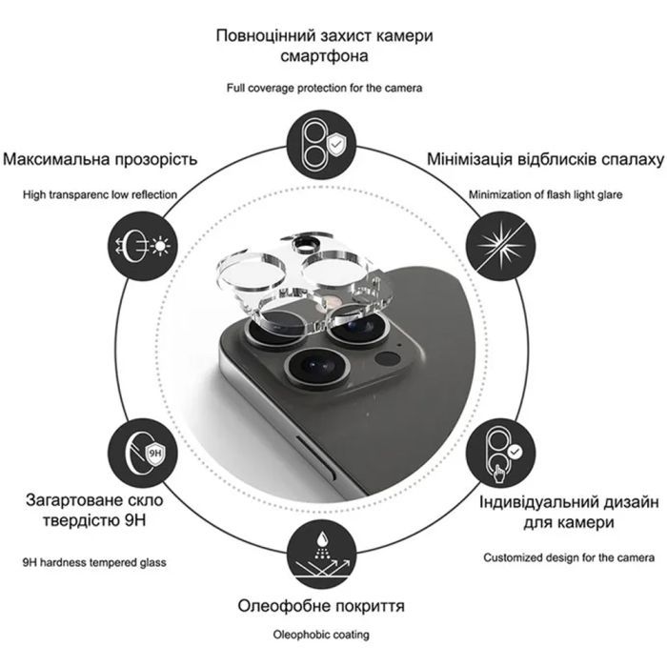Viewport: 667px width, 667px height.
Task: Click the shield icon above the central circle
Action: tap(321, 145)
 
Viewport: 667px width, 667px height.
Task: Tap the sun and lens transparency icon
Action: tap(143, 246)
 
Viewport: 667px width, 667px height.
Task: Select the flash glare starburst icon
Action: tap(500, 246)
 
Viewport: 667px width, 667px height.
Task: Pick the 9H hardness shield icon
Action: tap(143, 454)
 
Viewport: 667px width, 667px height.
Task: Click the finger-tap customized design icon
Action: tap(500, 454)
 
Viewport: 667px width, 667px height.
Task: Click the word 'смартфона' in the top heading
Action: tap(324, 55)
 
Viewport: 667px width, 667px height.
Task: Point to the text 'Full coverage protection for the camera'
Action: tap(324, 88)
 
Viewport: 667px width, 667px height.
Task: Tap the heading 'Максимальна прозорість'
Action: tap(100, 159)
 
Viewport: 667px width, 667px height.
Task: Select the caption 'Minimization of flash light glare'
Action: tap(545, 194)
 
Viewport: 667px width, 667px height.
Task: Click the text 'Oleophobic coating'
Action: tap(321, 635)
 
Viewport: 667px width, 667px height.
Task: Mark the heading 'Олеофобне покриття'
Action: tap(321, 606)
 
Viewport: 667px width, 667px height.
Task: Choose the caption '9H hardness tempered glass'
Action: tap(94, 562)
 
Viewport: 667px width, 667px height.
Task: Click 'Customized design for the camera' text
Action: tap(569, 557)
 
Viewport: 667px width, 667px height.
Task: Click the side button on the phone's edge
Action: tap(315, 455)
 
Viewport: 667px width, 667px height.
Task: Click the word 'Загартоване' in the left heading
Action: tap(68, 500)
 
